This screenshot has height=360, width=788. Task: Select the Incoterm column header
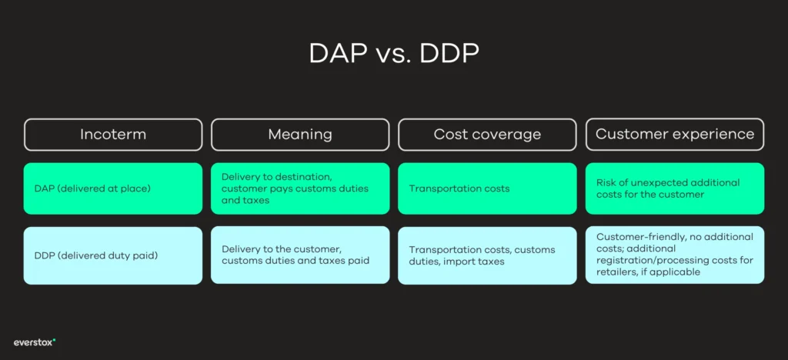point(113,135)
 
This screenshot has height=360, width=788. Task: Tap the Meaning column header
point(300,135)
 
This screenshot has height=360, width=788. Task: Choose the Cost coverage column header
point(487,135)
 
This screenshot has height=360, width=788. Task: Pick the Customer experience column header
point(675,135)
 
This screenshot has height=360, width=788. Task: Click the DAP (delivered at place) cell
point(113,188)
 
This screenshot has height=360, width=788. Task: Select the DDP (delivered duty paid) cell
point(113,255)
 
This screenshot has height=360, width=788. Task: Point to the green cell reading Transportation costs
point(487,188)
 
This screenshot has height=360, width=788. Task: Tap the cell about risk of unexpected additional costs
point(675,188)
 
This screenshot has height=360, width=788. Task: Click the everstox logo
point(35,342)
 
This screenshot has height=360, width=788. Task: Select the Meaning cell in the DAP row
point(300,188)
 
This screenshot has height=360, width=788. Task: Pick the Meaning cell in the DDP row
point(300,255)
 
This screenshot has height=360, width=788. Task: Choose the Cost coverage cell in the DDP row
point(487,255)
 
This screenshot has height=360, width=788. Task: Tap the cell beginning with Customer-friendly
point(675,255)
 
